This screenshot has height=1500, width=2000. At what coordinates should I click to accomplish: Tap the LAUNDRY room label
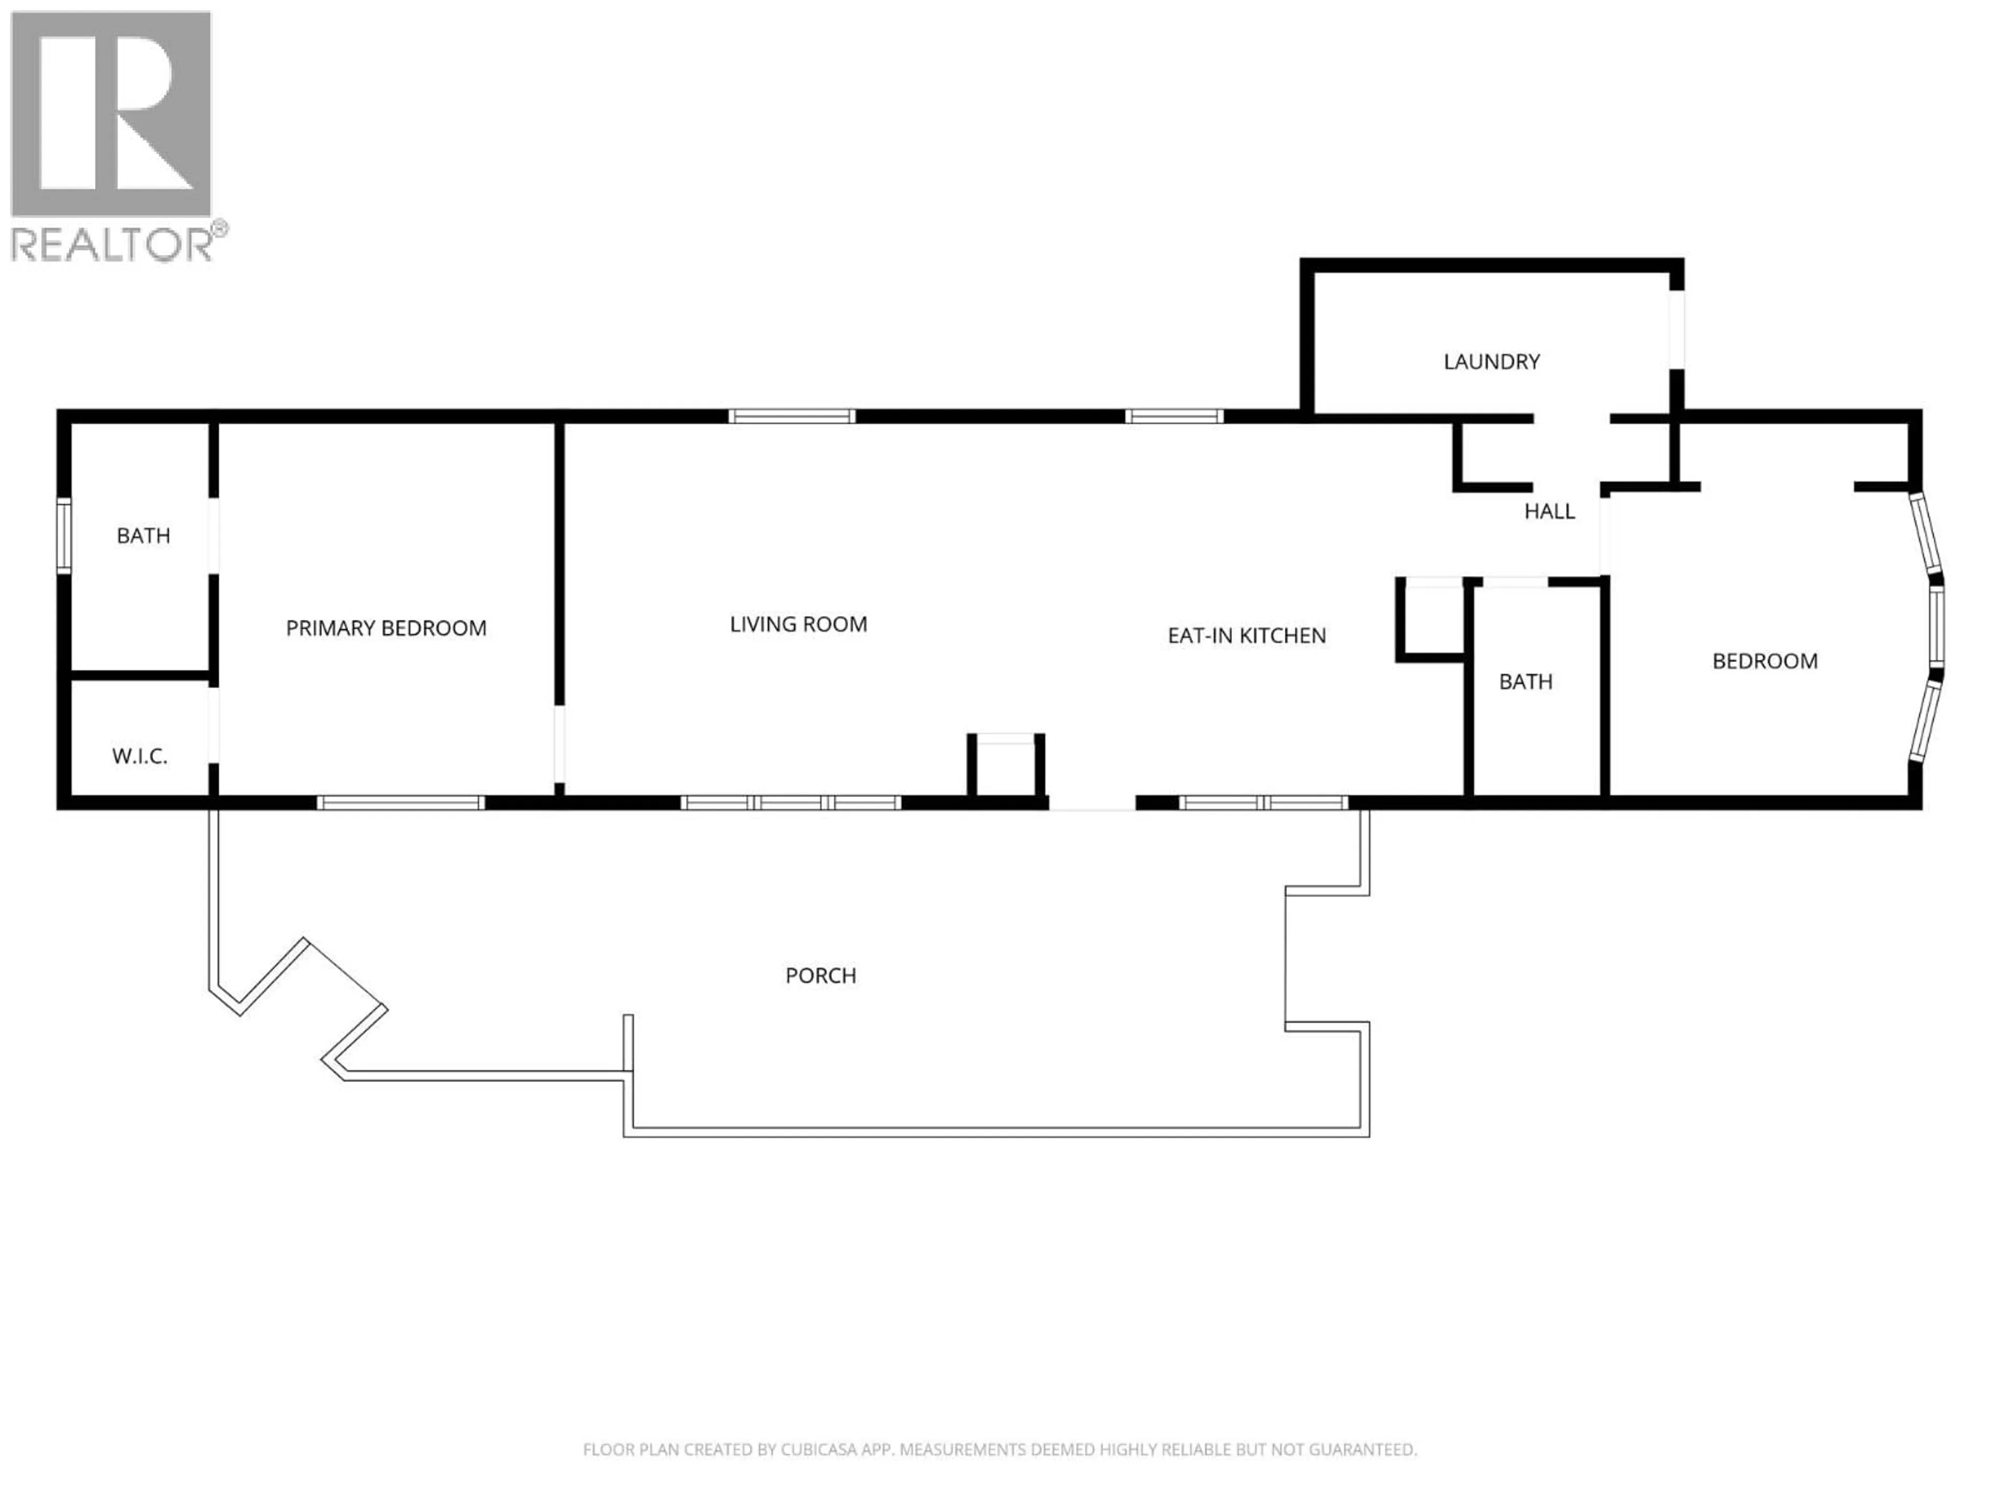click(1491, 361)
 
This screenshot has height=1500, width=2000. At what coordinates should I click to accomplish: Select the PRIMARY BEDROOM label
click(386, 628)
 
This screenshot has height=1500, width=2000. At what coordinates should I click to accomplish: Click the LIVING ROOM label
click(798, 624)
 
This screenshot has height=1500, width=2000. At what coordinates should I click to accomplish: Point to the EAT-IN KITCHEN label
click(1247, 635)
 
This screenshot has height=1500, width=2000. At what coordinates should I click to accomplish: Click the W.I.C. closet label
click(140, 756)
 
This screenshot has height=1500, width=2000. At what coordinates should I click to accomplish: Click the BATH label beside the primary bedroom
click(144, 535)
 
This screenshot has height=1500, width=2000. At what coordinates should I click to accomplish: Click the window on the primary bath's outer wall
click(64, 535)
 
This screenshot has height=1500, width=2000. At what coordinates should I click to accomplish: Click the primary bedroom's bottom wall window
click(401, 802)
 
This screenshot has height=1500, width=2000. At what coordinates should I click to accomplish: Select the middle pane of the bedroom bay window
click(1936, 627)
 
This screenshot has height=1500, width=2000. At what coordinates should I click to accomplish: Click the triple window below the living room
click(790, 802)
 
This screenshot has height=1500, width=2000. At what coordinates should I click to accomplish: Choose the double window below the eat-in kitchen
click(1263, 802)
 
